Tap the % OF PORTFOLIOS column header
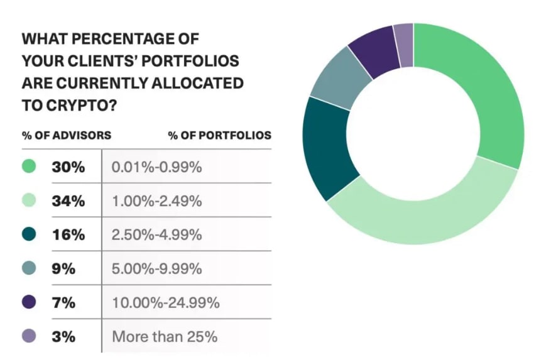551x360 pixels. tap(219, 135)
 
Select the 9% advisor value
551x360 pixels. tap(63, 269)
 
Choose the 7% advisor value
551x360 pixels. tap(63, 303)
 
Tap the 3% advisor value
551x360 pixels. tap(63, 337)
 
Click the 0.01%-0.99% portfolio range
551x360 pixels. tap(156, 167)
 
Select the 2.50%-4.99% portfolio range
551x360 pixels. tap(156, 235)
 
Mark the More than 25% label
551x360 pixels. tap(165, 337)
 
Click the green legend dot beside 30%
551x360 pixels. tap(29, 167)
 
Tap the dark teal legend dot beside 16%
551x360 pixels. tap(29, 235)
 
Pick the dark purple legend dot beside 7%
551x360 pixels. tap(29, 303)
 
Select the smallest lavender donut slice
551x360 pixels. tap(404, 45)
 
